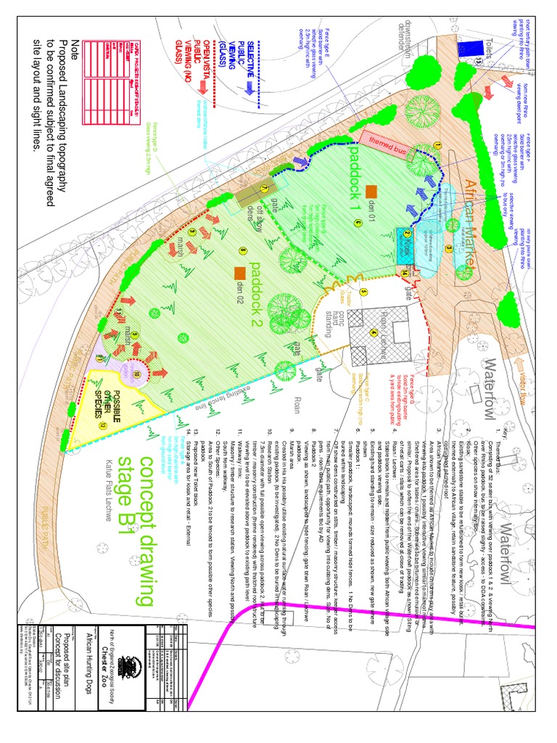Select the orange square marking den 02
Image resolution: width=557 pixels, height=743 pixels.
pyautogui.click(x=239, y=272)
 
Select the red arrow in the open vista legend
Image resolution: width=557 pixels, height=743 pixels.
pyautogui.click(x=204, y=86)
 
